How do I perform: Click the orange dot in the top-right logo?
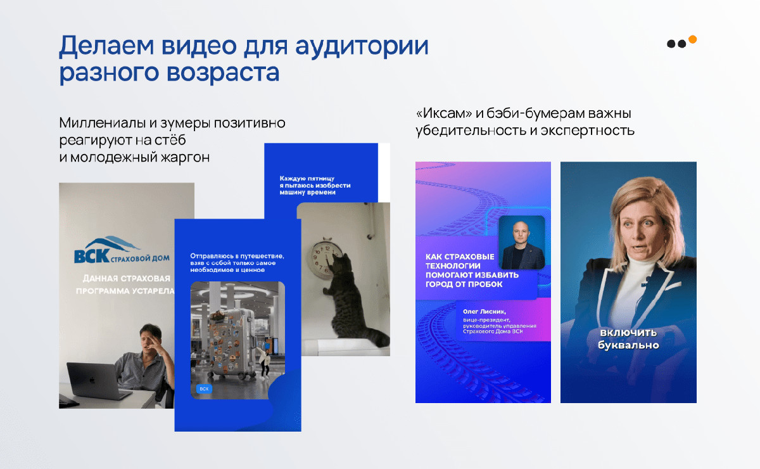point(692,39)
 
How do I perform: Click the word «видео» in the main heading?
point(199,46)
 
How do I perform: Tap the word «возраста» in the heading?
point(223,73)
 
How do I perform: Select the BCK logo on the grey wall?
point(122,250)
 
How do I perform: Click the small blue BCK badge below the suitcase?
point(204,389)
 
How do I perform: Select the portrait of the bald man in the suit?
point(522,242)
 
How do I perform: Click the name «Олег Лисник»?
point(484,311)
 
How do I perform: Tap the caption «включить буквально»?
point(628,339)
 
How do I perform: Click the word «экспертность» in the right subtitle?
point(587,131)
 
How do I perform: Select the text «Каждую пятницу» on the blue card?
point(307,179)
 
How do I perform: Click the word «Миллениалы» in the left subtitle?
point(103,123)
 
